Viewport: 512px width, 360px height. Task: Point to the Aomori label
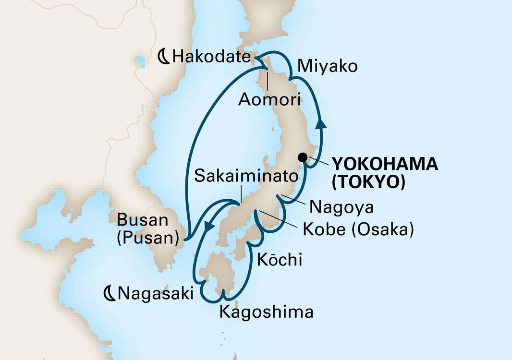[269, 100]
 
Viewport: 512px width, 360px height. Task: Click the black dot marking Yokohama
[303, 157]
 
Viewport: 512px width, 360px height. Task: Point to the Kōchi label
[280, 260]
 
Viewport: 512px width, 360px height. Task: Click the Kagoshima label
[266, 312]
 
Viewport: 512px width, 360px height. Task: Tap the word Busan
[143, 221]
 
